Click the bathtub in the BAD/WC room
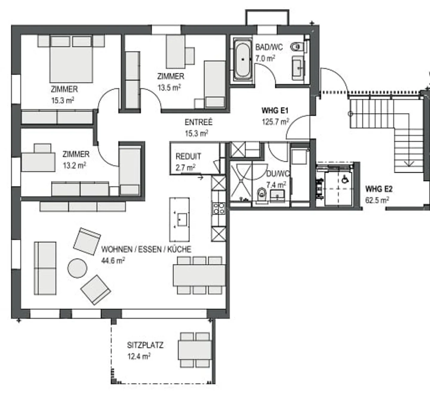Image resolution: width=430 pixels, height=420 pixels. point(242,59)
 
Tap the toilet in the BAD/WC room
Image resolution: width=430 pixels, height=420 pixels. point(297,47)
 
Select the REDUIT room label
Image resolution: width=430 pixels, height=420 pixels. point(188,157)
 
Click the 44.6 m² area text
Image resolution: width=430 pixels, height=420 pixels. point(113,260)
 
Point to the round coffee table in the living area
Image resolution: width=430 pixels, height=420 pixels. point(77,268)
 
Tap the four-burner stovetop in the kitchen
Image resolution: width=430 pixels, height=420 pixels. point(219,208)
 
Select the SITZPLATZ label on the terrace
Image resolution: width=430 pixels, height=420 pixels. point(145,345)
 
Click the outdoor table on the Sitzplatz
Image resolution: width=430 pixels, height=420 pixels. point(195,350)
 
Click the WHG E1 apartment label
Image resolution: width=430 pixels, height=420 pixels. point(275,111)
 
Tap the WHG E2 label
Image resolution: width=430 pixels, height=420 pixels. point(379,189)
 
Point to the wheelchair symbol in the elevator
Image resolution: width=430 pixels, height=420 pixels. point(345,180)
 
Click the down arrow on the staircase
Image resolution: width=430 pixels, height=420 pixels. point(409,163)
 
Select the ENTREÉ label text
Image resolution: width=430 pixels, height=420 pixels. point(198,122)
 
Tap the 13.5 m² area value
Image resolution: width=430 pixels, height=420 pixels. point(169,88)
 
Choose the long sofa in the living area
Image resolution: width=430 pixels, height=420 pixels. point(45,268)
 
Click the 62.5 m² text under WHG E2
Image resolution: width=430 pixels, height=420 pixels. point(377,200)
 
